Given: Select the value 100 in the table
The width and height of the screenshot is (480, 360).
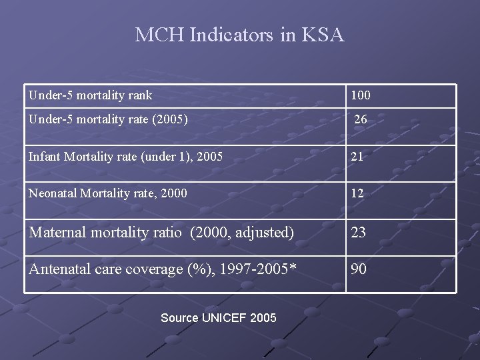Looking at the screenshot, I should point(361,96).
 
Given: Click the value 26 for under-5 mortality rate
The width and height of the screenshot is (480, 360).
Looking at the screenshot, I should point(360,120).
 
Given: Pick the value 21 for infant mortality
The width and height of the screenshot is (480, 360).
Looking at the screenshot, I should point(357,157).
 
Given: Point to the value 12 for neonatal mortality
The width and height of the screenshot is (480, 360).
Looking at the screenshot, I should point(357,194).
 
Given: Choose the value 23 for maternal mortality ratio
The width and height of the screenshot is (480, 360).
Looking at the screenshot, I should point(359,233).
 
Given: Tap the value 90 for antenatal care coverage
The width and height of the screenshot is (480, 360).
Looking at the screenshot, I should point(359,269).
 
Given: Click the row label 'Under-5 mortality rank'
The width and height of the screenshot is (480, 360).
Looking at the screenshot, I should point(90,95).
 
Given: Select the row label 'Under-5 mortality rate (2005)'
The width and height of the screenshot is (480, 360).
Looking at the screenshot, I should point(108,120).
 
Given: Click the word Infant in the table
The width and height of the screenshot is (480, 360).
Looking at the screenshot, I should point(43,157).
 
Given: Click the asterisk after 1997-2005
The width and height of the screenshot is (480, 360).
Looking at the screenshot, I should point(293,268).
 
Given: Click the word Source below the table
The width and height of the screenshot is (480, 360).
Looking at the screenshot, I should point(179,318).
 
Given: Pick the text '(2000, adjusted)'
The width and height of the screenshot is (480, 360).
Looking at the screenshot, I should point(242,233).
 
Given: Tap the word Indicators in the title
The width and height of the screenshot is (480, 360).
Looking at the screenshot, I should point(231,35).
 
